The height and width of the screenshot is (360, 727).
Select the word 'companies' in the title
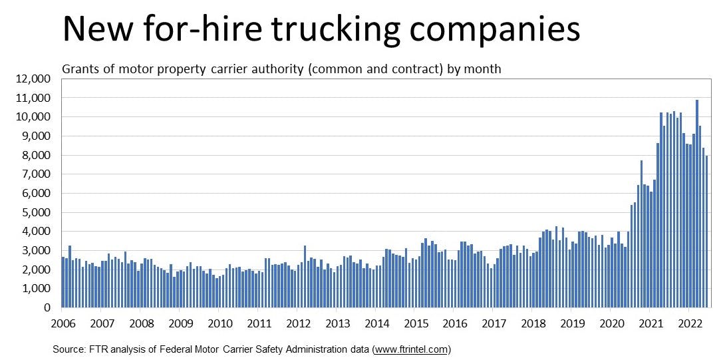[503, 31]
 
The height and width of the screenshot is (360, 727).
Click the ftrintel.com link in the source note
[412, 348]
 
